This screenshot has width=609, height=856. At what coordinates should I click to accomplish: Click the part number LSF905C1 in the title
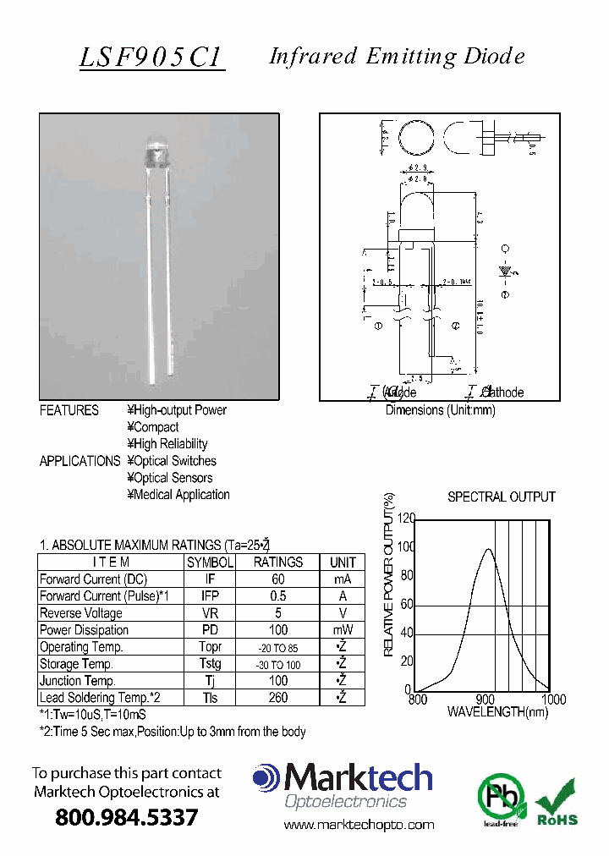point(151,57)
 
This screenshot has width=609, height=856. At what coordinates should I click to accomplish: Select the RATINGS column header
point(278,562)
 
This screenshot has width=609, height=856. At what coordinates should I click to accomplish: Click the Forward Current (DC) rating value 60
point(278,579)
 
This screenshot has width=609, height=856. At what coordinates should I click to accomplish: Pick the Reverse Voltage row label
point(81,613)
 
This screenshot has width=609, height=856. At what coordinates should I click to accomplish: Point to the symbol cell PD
point(210,630)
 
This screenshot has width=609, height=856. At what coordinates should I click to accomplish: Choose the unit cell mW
point(343,630)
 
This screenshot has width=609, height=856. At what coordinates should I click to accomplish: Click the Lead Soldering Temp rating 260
point(278,698)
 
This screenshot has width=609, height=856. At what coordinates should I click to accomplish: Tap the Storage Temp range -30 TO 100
point(278,665)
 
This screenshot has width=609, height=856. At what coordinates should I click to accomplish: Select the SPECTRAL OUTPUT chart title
point(501,497)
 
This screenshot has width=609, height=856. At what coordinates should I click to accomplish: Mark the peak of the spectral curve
point(488,550)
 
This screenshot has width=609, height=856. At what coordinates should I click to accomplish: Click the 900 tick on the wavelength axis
point(486,700)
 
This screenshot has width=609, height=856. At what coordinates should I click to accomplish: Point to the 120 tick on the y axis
point(406,519)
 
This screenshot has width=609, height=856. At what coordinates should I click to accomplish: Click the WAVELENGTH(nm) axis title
point(497,713)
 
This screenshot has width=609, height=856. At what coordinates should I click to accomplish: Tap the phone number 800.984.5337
point(126,818)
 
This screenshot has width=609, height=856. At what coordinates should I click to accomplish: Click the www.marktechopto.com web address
point(359,825)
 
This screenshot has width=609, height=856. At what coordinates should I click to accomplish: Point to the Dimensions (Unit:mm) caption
point(440,410)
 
